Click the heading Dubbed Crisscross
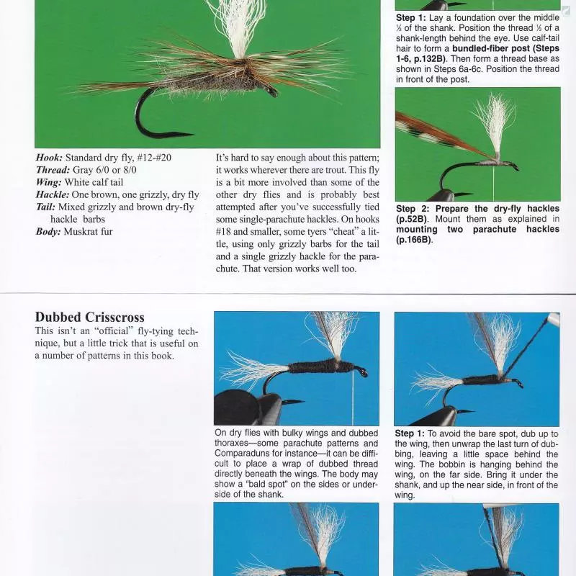(89, 318)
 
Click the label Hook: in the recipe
(49, 158)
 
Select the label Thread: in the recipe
(53, 170)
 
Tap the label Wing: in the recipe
(49, 182)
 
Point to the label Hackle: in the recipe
(53, 194)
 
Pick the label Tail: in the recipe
(47, 207)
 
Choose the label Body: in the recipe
(49, 232)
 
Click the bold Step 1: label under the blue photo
(413, 434)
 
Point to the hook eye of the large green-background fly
(272, 92)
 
